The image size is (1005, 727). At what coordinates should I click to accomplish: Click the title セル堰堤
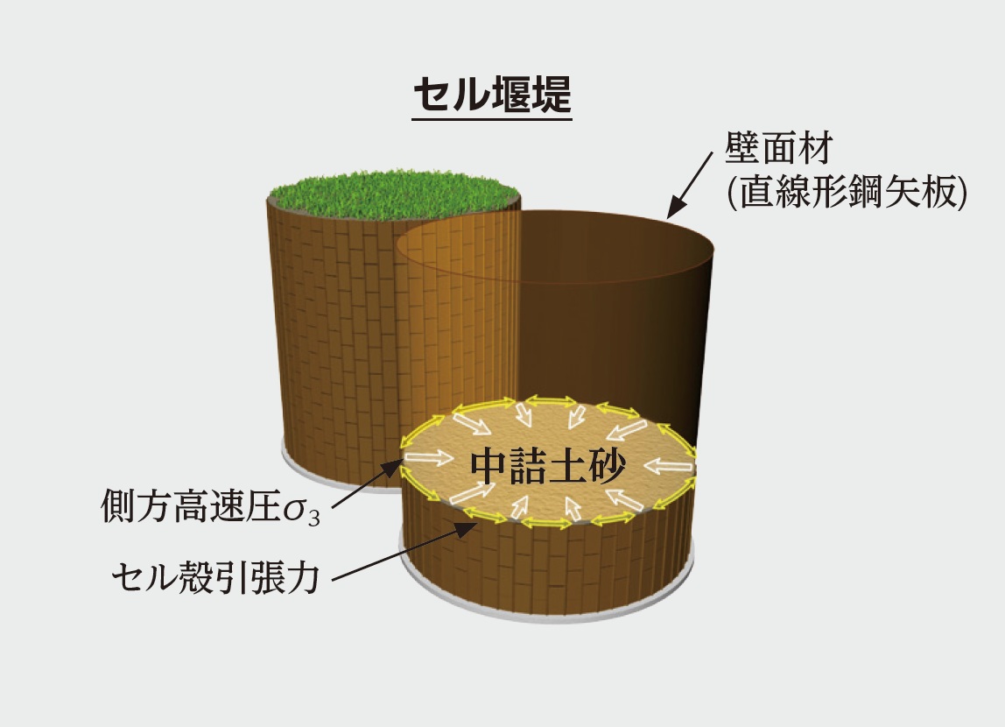[x=492, y=95]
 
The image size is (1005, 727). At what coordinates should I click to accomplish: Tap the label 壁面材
[x=778, y=149]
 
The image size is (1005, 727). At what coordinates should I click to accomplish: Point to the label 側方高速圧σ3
[x=211, y=506]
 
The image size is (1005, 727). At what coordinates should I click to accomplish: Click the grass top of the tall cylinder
[x=394, y=193]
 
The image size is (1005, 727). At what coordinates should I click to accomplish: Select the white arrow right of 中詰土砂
[x=670, y=466]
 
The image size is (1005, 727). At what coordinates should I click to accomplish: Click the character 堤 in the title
[x=552, y=95]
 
